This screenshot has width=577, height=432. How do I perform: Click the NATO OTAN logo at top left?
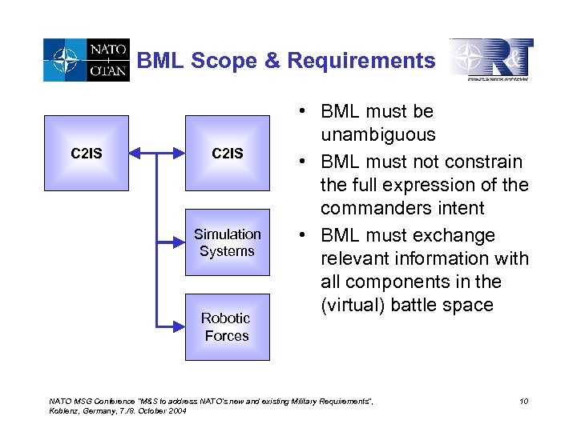(85, 61)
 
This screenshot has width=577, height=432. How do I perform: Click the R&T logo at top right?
(490, 60)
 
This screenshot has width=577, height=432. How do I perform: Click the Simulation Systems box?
(228, 242)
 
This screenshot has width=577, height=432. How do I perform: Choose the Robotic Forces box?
(228, 326)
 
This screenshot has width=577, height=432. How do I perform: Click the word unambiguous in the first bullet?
(378, 134)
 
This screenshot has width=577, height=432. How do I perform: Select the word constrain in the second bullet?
(482, 162)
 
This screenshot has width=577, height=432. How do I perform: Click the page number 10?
(523, 400)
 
